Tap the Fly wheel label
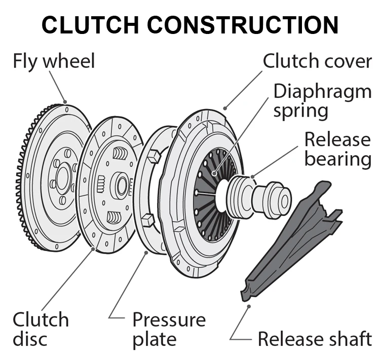53,61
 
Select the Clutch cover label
317,61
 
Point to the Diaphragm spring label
322,101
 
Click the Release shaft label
315,338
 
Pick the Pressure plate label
169,330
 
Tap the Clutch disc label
41,330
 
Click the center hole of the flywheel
63,177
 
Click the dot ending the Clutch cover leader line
224,108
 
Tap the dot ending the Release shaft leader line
249,305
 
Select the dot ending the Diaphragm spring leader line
214,173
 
